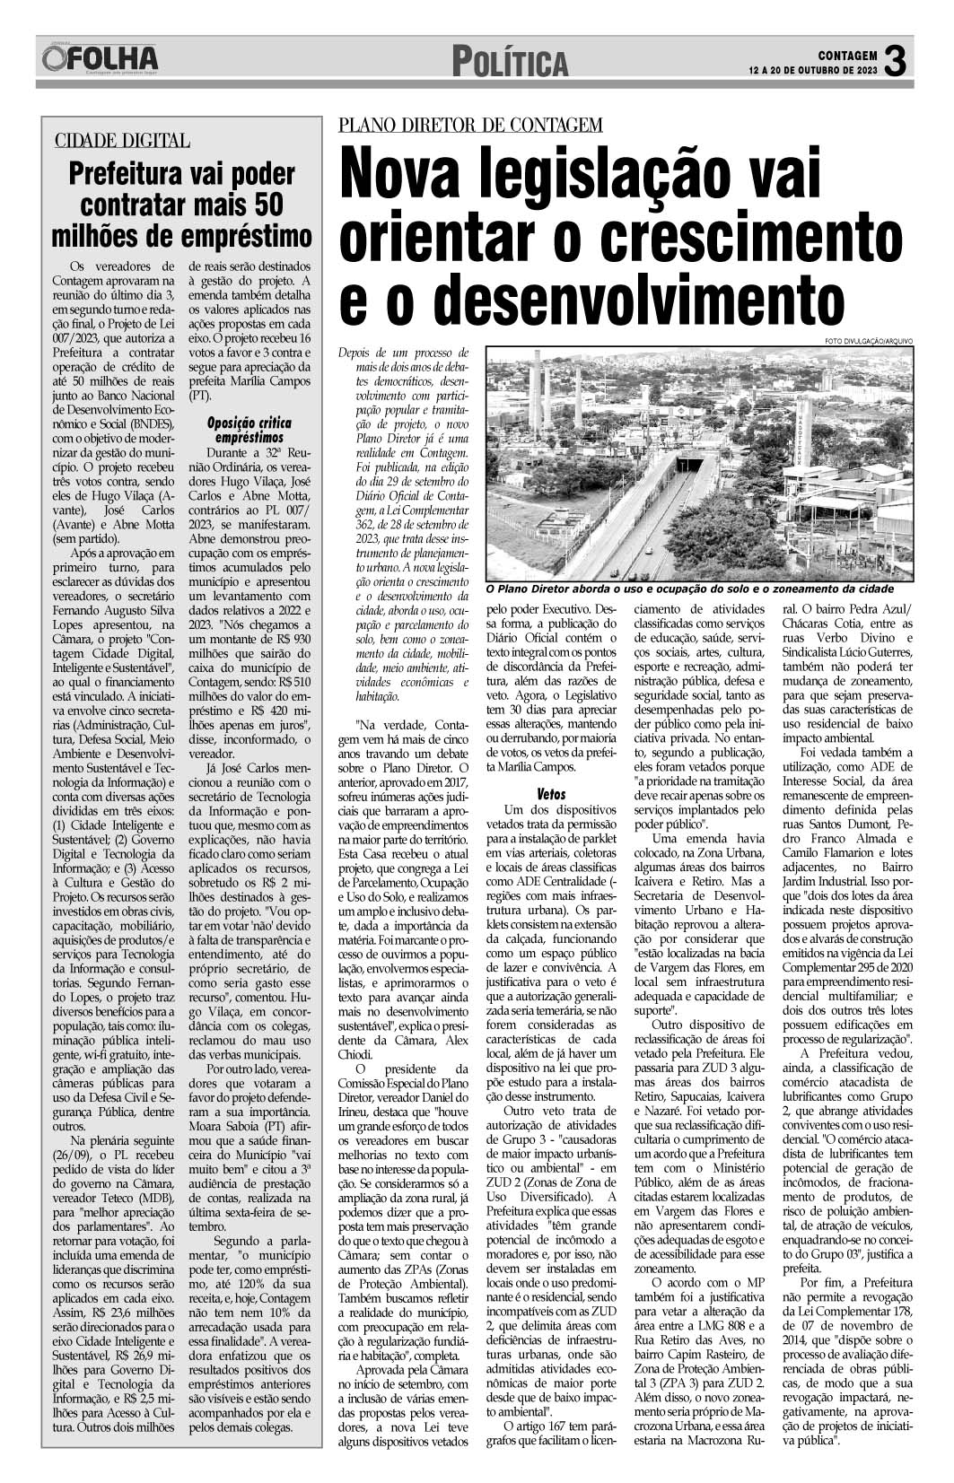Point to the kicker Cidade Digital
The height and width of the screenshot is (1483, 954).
(122, 140)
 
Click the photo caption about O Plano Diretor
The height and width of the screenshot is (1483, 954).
(688, 589)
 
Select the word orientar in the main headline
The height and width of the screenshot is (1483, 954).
(451, 235)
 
